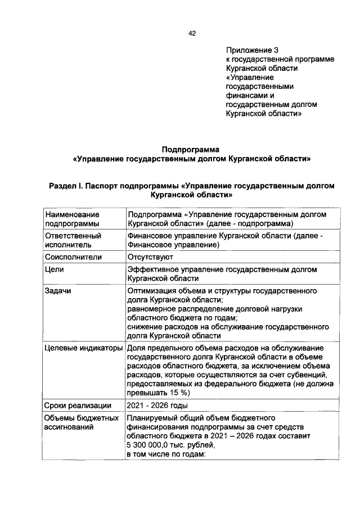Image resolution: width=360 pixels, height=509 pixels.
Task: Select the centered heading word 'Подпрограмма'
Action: (x=190, y=150)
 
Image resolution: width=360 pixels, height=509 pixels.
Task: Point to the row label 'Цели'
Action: (x=54, y=269)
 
